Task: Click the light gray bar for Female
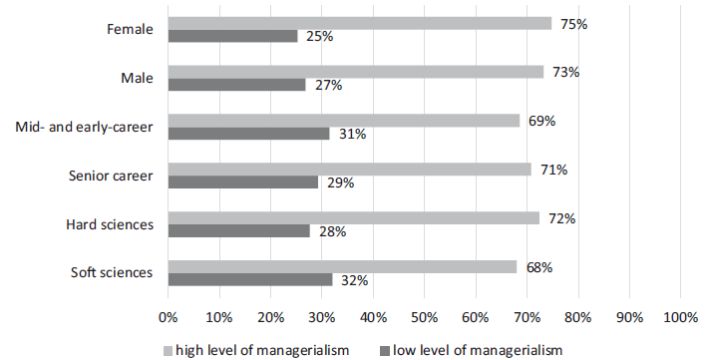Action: coord(359,23)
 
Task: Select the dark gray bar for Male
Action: coord(236,85)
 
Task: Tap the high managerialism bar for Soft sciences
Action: coord(342,267)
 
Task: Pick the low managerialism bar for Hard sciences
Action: coord(238,231)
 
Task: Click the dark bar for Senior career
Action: coord(242,182)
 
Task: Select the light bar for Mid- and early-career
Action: coord(344,121)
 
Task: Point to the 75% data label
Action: coord(573,23)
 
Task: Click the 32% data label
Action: coord(354,281)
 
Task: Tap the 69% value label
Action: coord(541,121)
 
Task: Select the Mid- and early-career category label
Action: coord(85,127)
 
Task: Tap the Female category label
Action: coord(130,29)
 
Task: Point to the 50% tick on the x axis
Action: coord(425,317)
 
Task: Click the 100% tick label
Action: coord(680,317)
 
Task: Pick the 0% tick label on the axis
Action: coord(168,317)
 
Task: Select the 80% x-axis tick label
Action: coord(578,317)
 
